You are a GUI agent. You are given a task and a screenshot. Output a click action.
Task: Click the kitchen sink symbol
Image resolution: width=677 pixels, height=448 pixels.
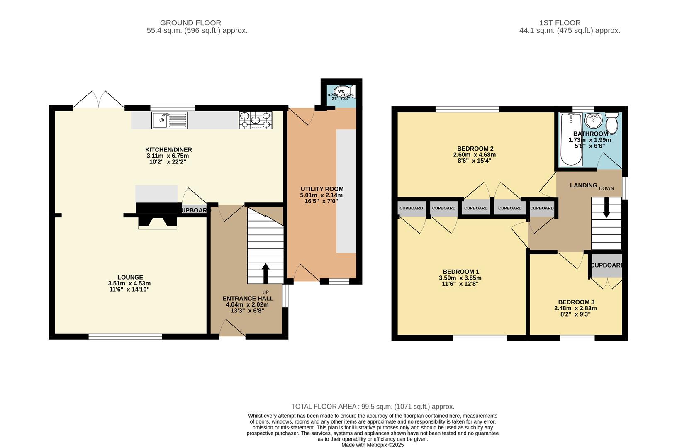[169, 120]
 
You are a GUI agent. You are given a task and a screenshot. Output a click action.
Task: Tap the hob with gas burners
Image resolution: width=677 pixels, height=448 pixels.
[256, 120]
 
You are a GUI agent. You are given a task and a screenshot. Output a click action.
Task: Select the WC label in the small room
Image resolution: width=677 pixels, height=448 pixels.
[341, 91]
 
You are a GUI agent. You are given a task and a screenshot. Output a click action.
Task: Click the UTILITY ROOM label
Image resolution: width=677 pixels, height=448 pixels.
[322, 189]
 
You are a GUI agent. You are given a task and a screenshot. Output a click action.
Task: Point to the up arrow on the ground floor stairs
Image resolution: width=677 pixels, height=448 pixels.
[265, 273]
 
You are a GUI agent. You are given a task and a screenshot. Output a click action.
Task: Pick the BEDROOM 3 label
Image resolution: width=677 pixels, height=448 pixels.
[576, 302]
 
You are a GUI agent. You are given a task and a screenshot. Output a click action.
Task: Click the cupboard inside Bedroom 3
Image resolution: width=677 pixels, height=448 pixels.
[607, 265]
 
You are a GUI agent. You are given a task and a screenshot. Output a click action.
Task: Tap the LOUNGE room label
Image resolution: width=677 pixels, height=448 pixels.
[130, 277]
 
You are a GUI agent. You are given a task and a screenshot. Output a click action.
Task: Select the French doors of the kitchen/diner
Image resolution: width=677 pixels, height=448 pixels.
[99, 100]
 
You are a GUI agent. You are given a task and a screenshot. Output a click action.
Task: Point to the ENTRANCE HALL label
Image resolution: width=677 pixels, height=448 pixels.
[248, 298]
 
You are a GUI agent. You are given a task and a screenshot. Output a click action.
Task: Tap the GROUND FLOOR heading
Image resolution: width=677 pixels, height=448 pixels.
[190, 23]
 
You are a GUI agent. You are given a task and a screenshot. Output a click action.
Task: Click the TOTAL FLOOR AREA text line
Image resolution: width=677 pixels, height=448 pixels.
[373, 407]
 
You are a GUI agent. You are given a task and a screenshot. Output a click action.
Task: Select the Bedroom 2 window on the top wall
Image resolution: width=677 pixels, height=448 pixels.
[468, 109]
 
